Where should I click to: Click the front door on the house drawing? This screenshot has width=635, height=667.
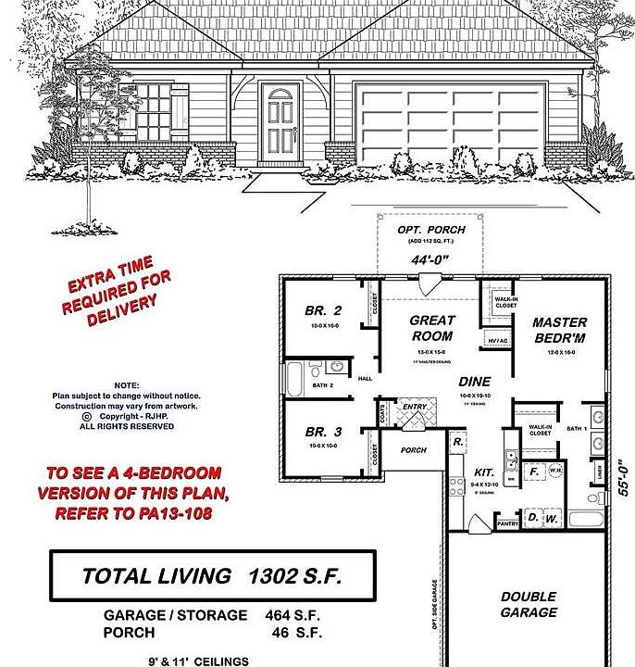[279, 120]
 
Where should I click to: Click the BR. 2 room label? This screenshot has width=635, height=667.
[323, 311]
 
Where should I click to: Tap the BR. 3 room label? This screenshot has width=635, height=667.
[323, 432]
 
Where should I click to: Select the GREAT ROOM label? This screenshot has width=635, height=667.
[432, 329]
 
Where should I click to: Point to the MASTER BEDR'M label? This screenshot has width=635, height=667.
[559, 330]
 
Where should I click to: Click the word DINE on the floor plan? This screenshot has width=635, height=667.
[475, 382]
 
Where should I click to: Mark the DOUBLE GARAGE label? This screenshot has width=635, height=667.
[529, 605]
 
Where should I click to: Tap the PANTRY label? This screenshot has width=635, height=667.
[507, 524]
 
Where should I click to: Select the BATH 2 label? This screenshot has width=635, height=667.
[323, 384]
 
